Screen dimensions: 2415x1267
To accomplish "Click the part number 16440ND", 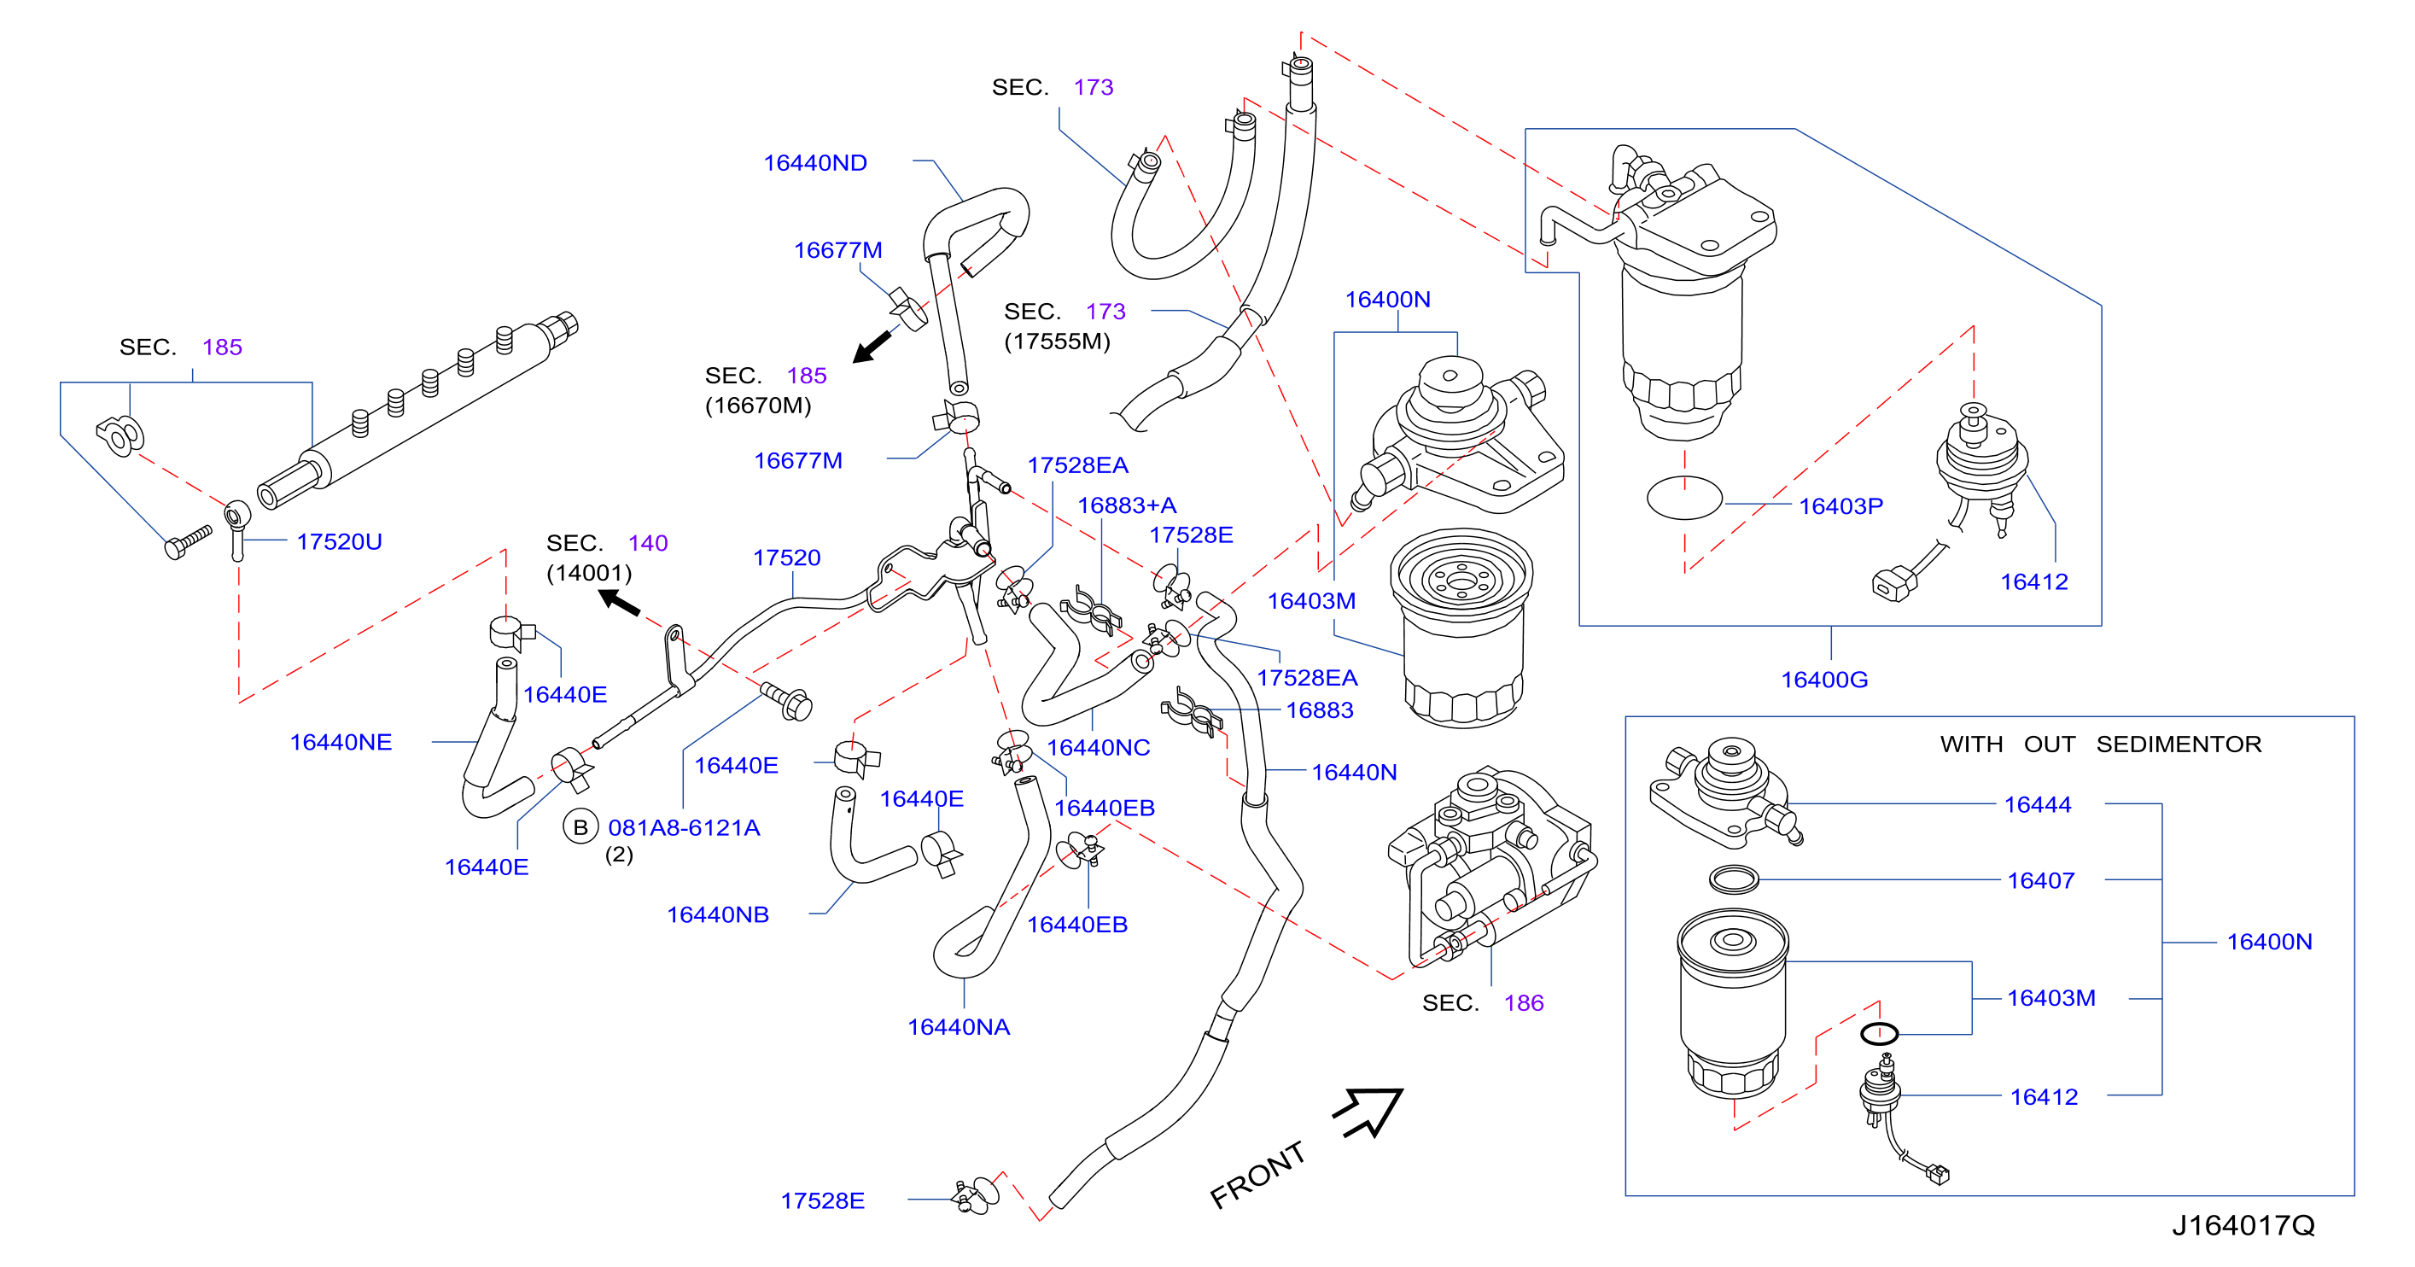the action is (814, 163).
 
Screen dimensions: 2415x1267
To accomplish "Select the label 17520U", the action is (340, 542).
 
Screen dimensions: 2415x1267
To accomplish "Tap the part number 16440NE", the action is (341, 743).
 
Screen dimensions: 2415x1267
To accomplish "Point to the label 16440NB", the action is (717, 915).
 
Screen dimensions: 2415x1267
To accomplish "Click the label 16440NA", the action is (958, 1028).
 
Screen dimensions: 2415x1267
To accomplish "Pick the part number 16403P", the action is (1840, 506).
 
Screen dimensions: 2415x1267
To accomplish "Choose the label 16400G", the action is (1823, 680).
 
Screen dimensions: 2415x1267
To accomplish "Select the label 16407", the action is (2040, 880).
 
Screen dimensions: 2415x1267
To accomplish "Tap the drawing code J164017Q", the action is (2243, 1226).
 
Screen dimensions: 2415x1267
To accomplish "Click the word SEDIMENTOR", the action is (2179, 744).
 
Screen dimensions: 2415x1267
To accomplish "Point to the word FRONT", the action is (1257, 1175).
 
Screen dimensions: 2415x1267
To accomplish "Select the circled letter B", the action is (580, 827).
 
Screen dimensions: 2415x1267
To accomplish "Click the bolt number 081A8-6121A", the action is (684, 828).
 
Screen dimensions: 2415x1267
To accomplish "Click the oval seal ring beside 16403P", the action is (1683, 499).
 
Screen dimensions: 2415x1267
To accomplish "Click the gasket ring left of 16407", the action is (1734, 879).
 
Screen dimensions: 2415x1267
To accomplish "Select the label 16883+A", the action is (1126, 506).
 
